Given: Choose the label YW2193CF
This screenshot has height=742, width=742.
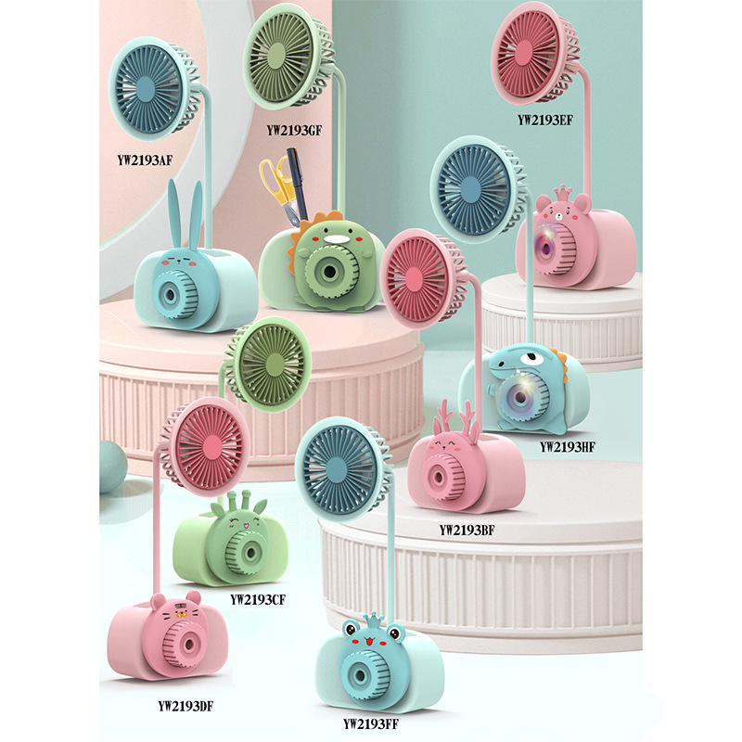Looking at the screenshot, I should click(257, 598).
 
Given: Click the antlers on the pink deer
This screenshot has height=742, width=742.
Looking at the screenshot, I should click(456, 420).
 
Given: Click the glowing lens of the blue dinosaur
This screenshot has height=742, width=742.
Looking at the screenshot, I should click(520, 396).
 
